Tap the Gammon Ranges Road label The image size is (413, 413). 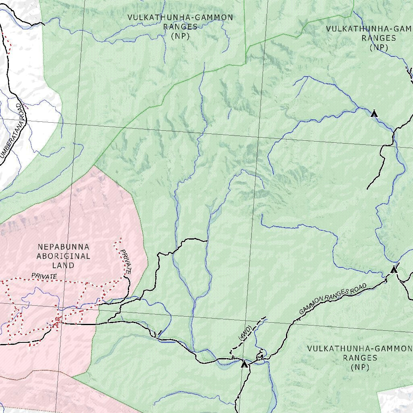tap(333, 299)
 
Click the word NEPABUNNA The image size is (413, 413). tap(63, 246)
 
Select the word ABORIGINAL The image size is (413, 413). tap(63, 256)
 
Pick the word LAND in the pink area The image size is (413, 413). tap(63, 265)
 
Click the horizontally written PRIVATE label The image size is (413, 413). tap(44, 276)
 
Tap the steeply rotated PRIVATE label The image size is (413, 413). tap(126, 262)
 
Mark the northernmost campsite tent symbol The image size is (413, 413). tap(374, 114)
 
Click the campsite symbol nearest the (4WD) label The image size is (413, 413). tap(244, 364)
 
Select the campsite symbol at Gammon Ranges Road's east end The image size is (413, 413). tap(394, 270)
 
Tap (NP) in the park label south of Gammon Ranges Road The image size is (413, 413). tap(360, 367)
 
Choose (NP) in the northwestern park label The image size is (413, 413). tap(180, 36)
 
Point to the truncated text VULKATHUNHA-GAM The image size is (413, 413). tap(369, 29)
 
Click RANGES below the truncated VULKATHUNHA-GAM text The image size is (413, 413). tap(379, 38)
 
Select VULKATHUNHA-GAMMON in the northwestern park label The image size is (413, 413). tap(180, 17)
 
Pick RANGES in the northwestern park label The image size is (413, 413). tap(180, 27)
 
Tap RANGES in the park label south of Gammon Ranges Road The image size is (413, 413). tap(360, 358)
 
